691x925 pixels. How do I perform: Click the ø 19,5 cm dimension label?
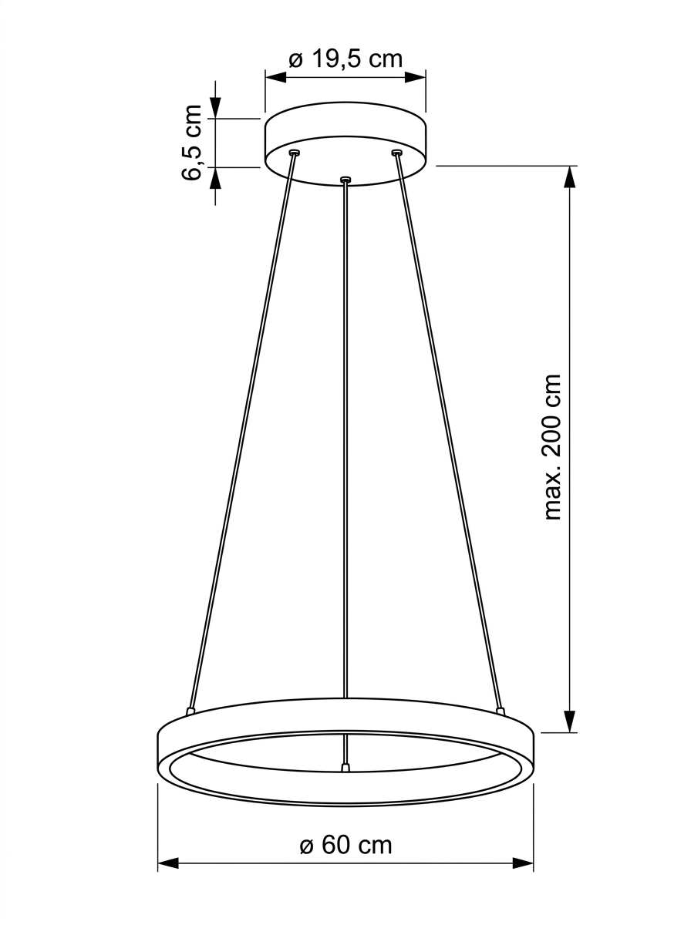[345, 59]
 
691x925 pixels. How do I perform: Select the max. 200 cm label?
[552, 447]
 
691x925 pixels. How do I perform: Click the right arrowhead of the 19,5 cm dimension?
[415, 78]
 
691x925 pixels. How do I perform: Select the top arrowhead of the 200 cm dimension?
[570, 177]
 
